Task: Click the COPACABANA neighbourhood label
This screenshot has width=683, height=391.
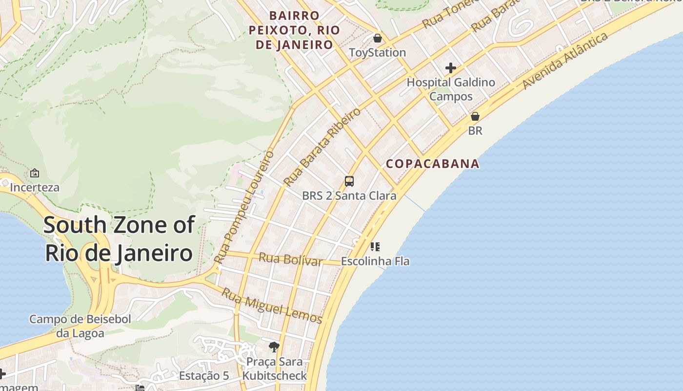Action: coord(433,164)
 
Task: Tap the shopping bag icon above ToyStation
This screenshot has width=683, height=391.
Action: coord(377,38)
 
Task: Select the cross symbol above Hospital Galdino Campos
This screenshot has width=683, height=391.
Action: coord(450,68)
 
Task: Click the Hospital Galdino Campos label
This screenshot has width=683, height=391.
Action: coord(451,89)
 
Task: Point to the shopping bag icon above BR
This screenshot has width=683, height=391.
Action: coord(475,117)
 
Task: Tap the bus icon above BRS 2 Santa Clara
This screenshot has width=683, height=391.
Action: coord(349,181)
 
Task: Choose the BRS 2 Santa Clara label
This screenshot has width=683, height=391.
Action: coord(349,196)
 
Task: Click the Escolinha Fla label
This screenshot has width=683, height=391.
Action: coord(375,261)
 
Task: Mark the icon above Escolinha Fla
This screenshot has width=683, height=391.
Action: coord(375,247)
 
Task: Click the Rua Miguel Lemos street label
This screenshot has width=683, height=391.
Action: coord(272,305)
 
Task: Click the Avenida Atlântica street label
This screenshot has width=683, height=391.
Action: coord(565,61)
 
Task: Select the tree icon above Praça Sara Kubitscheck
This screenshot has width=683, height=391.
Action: coord(274,347)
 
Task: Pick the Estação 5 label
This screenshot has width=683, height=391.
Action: coord(204,376)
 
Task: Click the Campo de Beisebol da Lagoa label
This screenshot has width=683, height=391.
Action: coord(80,326)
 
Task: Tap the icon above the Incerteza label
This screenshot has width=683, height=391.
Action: coord(35,173)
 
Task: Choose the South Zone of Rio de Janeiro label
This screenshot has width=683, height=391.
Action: coord(119,239)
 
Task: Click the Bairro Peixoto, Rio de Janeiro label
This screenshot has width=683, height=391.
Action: coord(294,30)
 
